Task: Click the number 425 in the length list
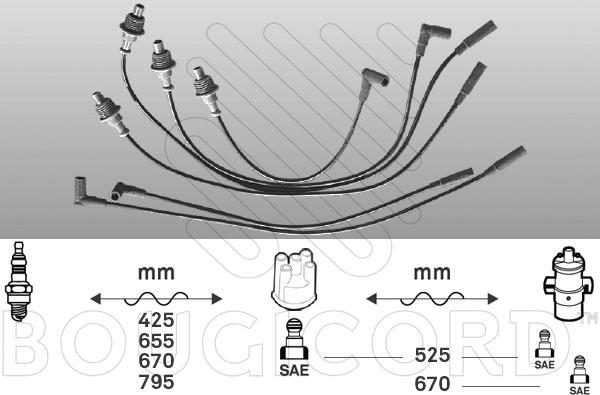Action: click(x=156, y=320)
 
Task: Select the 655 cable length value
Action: click(x=156, y=341)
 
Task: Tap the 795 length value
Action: click(x=156, y=382)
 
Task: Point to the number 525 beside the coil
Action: click(x=432, y=356)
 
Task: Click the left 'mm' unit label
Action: click(x=156, y=273)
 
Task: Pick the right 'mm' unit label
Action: click(x=432, y=273)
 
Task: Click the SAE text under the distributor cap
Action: click(x=294, y=370)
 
